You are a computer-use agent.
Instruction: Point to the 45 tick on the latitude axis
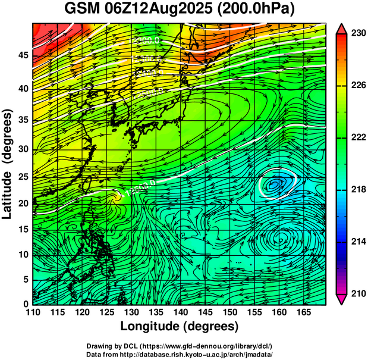22,55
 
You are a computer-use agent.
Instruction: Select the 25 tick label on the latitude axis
22,177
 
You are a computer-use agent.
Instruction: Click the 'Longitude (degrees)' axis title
180,326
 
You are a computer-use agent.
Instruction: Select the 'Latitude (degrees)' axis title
9,164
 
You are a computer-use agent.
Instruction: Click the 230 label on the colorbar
358,34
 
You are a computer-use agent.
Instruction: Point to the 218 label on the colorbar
358,189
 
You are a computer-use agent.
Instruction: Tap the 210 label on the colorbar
358,293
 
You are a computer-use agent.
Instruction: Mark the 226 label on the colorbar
358,86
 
